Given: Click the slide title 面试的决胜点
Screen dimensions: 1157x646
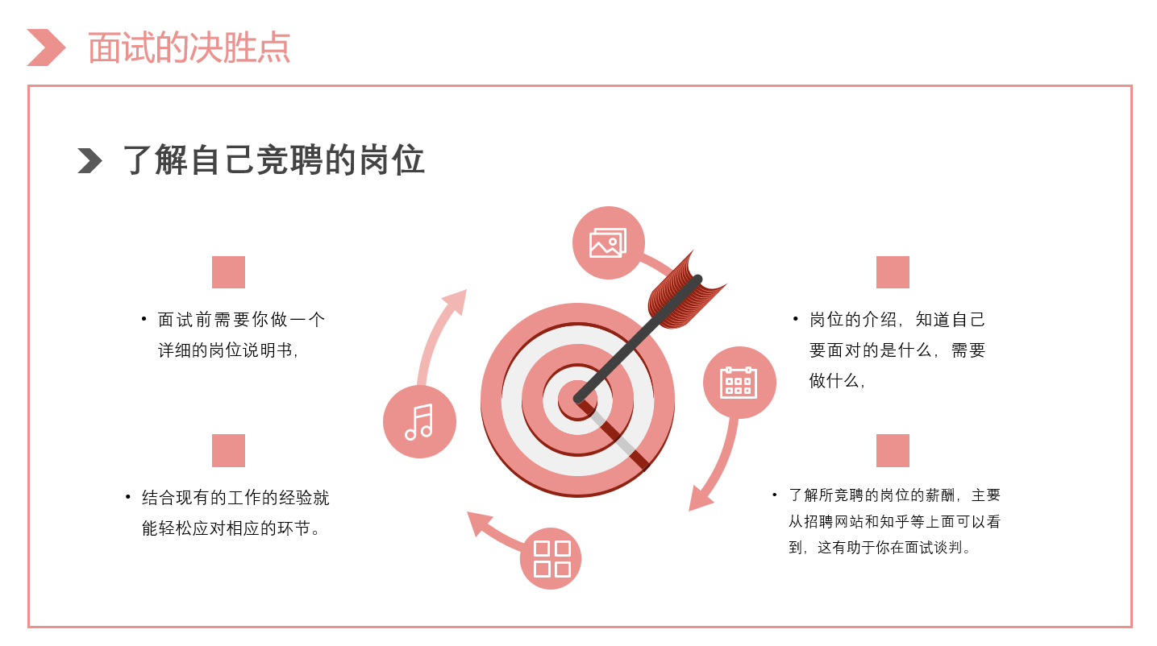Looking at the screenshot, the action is click(x=189, y=48).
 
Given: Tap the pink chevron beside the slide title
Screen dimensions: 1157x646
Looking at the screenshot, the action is click(x=47, y=48).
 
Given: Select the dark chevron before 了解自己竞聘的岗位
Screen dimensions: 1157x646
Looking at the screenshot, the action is click(x=89, y=160).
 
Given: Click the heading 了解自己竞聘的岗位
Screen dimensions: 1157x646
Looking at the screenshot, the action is click(x=274, y=160).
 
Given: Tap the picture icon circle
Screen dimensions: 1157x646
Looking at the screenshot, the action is click(x=609, y=243).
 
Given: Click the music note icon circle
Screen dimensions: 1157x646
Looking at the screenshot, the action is click(x=419, y=421).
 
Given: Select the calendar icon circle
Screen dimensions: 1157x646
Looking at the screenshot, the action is click(x=739, y=383).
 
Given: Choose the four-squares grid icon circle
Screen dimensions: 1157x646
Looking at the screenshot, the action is click(x=551, y=558).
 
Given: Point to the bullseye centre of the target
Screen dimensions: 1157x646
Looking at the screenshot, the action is click(x=577, y=400).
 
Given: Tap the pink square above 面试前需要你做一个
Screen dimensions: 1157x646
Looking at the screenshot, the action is click(x=228, y=272).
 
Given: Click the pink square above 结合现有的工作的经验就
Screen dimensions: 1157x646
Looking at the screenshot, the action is click(x=228, y=450).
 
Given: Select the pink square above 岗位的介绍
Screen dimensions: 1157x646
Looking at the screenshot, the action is click(x=893, y=272).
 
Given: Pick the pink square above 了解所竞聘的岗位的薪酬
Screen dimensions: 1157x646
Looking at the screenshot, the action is click(x=893, y=450).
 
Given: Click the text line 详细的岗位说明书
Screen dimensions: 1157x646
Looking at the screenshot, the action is click(x=228, y=350).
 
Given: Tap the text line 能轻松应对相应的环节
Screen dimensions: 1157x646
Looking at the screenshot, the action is click(x=231, y=528).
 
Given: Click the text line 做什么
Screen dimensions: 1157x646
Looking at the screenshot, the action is click(x=837, y=381).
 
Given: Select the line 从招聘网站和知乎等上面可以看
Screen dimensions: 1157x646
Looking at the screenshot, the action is click(x=895, y=522).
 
